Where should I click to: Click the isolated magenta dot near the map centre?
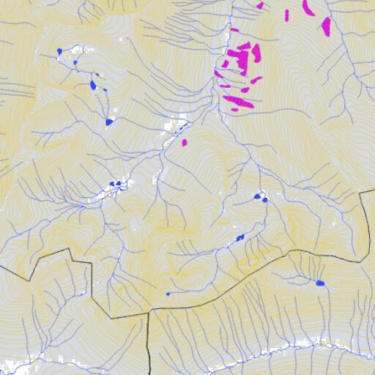pyautogui.click(x=185, y=142)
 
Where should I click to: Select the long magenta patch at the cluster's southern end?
pyautogui.click(x=239, y=101)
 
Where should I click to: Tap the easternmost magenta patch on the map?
pyautogui.click(x=326, y=27)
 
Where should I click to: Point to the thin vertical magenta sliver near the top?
pyautogui.click(x=286, y=15)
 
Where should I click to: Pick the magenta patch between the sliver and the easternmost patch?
pyautogui.click(x=308, y=10)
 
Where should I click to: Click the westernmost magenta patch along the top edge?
pyautogui.click(x=259, y=5)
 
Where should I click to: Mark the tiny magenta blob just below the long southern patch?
pyautogui.click(x=234, y=110)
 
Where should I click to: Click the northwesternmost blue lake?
pyautogui.click(x=59, y=51)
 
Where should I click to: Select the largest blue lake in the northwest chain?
pyautogui.click(x=93, y=85)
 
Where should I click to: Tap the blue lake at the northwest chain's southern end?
pyautogui.click(x=109, y=122)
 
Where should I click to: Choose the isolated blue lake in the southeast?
pyautogui.click(x=320, y=283)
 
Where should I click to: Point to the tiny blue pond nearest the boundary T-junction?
pyautogui.click(x=168, y=294)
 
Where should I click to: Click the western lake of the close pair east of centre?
pyautogui.click(x=257, y=196)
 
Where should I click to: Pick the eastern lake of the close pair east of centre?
pyautogui.click(x=264, y=198)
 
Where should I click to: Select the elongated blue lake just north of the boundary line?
pyautogui.click(x=240, y=237)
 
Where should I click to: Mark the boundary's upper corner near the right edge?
pyautogui.click(x=361, y=191)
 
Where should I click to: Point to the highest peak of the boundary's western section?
pyautogui.click(x=70, y=248)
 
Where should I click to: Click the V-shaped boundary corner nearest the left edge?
pyautogui.click(x=29, y=281)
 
